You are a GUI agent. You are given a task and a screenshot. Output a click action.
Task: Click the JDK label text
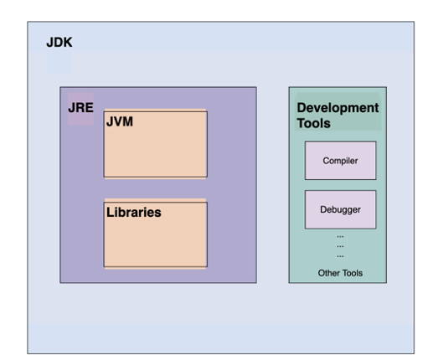tap(59, 43)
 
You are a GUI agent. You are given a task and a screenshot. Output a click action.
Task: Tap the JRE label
tap(80, 108)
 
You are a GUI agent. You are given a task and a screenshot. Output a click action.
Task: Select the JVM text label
tap(120, 121)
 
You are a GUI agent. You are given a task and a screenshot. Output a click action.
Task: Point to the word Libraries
tap(134, 213)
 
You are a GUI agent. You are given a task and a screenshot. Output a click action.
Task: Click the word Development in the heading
tap(338, 108)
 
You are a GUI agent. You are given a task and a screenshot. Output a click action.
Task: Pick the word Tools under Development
tap(313, 123)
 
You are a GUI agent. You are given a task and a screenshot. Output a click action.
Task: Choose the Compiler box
tap(340, 161)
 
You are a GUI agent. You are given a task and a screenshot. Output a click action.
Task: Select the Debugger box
tap(340, 209)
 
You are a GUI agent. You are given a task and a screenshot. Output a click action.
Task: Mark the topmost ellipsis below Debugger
tap(340, 237)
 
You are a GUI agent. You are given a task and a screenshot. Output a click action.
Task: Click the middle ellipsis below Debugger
tap(340, 246)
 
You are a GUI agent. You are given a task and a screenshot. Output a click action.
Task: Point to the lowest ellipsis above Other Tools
tap(340, 256)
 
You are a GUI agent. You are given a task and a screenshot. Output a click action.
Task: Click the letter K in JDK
tap(68, 43)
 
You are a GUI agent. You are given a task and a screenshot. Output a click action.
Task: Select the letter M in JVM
tap(127, 121)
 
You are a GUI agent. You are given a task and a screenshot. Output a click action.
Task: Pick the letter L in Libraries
tap(109, 213)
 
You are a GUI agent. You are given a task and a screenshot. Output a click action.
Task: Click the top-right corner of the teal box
tap(387, 87)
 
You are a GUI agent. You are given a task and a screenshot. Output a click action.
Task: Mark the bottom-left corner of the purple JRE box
tap(60, 283)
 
